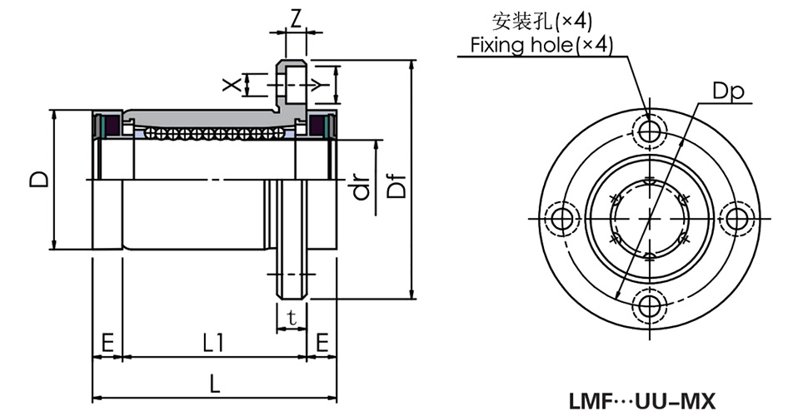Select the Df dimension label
pos(398,188)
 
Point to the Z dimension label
pos(295,16)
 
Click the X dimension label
pos(235,83)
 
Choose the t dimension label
pos(291,316)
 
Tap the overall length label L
pos(214,384)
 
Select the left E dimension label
pos(107,341)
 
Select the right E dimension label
pos(322,341)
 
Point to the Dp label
pos(727,91)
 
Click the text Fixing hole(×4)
pos(541,45)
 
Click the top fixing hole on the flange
pos(649,131)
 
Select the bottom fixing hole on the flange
pos(649,305)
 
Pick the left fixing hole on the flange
pos(563,218)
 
